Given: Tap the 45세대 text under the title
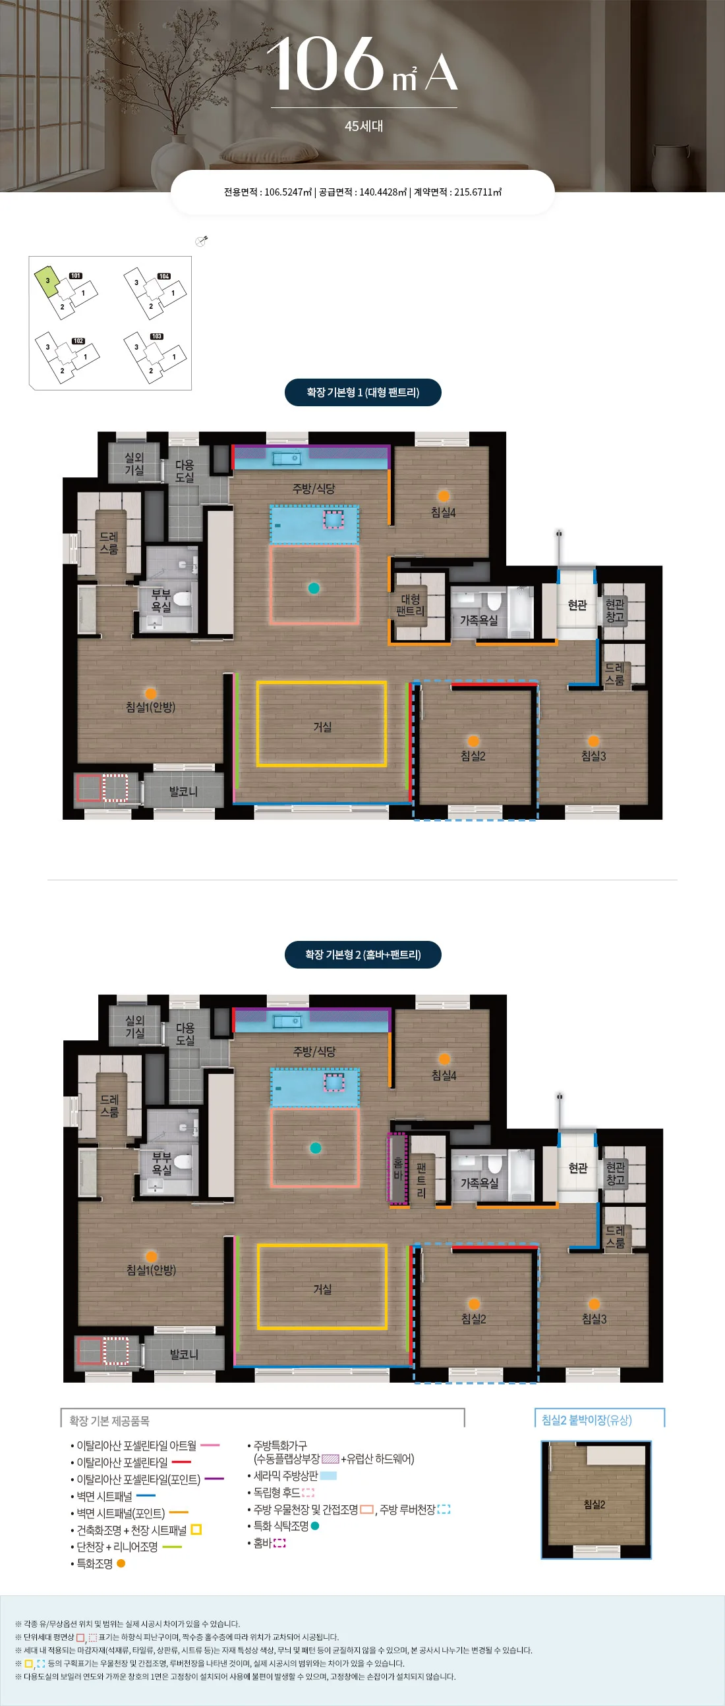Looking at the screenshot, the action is pos(364,126).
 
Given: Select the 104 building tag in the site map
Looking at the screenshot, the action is pos(163,276).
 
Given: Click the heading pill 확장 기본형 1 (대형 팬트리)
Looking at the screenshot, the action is pos(362,392).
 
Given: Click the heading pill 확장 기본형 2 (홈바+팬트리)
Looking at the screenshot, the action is pos(362,954).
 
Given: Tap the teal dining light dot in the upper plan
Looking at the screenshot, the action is pos(314,588).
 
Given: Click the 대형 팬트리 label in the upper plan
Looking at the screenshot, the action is pos(410,604).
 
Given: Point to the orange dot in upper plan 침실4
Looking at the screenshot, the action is pos(444,496).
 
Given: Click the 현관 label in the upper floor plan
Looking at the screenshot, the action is pos(577,604).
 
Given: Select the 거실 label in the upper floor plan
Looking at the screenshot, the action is pos(322,726).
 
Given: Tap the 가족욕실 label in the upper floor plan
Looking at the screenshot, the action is pos(479,620).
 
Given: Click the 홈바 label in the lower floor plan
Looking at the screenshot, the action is pos(397,1169).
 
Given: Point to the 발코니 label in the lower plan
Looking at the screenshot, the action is pos(184,1354).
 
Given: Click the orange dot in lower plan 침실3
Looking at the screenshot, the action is pos(594,1304).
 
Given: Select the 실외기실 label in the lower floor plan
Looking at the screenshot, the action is pos(134,1026).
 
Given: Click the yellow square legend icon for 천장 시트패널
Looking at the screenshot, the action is pos(196,1530).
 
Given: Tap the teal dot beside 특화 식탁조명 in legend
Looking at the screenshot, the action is pos(315,1526).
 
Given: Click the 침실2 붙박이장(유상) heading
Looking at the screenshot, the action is pos(587,1420).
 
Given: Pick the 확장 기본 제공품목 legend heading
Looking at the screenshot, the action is pos(109,1420).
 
